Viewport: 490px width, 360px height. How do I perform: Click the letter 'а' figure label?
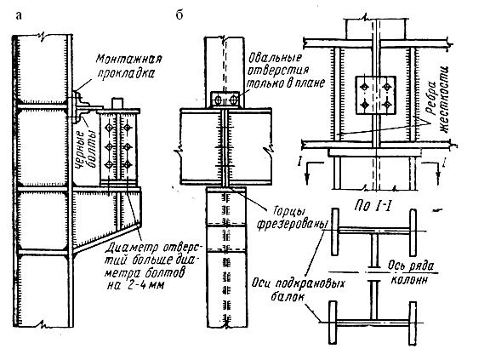point(19,15)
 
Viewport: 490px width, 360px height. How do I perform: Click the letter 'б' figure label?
point(179,14)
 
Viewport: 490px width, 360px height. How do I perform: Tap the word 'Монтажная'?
point(128,59)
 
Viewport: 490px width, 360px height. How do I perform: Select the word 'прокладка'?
point(126,73)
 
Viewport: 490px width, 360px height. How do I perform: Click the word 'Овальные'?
point(275,58)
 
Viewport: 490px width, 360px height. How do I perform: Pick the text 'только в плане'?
point(286,83)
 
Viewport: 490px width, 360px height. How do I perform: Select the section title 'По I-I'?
point(373,206)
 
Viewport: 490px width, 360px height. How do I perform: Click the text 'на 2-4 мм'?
point(135,285)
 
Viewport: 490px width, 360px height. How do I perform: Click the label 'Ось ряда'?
point(411,266)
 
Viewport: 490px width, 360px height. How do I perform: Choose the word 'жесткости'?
point(444,100)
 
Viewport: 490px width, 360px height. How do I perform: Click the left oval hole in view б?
point(218,100)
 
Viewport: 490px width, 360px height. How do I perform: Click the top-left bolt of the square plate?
point(364,87)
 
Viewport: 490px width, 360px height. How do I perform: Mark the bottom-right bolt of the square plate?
point(387,104)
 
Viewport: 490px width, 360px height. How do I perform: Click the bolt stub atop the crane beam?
point(117,103)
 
